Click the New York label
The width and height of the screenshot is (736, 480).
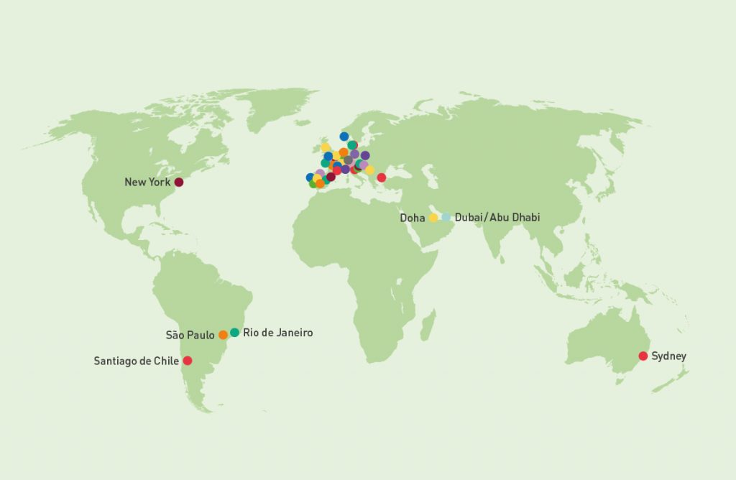[147, 183]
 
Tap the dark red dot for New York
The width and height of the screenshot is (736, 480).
[179, 183]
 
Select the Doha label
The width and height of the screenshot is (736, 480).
[413, 217]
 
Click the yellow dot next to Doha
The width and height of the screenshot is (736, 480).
[433, 217]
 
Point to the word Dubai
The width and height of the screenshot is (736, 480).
[469, 217]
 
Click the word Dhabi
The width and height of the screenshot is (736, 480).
[523, 217]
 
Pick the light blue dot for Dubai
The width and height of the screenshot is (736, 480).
[446, 217]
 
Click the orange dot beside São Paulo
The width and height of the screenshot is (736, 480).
[223, 335]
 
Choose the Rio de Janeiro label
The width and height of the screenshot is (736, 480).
[278, 333]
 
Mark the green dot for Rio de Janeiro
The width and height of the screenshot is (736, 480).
[234, 333]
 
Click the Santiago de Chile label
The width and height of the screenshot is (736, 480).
[136, 361]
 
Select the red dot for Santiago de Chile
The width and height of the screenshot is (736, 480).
[188, 361]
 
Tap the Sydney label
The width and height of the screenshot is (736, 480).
[668, 356]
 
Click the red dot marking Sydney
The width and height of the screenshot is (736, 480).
[643, 356]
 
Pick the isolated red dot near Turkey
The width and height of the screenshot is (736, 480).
[381, 177]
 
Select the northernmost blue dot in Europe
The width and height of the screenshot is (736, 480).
[344, 137]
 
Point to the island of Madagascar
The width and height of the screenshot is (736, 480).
[428, 326]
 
